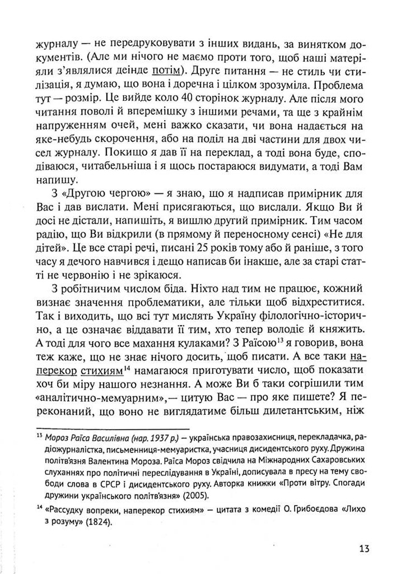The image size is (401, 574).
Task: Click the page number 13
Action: pyautogui.click(x=362, y=549)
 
